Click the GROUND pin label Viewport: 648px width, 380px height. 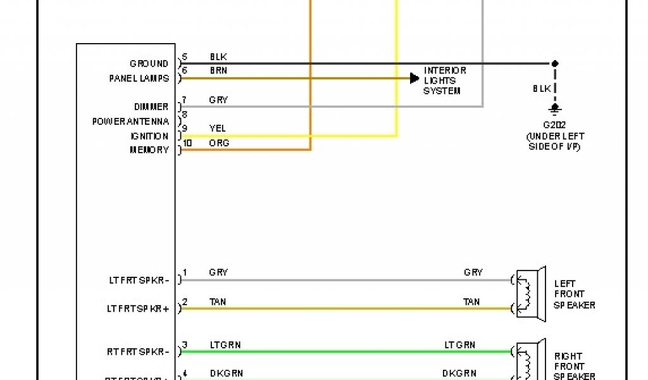(149, 64)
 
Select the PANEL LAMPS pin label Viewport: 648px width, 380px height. (139, 79)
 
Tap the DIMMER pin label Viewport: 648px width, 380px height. (151, 107)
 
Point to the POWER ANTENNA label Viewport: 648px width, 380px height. (131, 122)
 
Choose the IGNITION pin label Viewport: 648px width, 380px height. (149, 136)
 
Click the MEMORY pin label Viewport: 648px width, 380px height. (149, 150)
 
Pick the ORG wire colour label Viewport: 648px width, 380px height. (219, 144)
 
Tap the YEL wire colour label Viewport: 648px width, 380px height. (217, 129)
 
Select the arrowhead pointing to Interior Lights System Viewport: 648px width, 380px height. (414, 79)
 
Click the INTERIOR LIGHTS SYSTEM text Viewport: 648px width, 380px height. (445, 80)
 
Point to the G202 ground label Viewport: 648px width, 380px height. (555, 125)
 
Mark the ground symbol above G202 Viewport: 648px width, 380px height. (555, 110)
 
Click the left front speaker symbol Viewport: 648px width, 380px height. (529, 294)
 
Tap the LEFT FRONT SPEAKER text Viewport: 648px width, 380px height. (575, 294)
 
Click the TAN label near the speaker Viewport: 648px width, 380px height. (471, 302)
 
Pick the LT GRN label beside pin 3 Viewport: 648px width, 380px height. (225, 345)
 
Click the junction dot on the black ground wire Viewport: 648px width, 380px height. (555, 64)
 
